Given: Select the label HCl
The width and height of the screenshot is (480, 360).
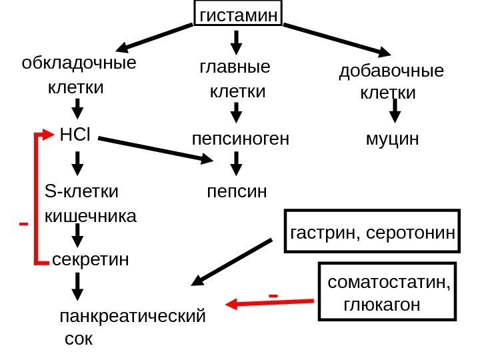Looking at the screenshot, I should pyautogui.click(x=75, y=135).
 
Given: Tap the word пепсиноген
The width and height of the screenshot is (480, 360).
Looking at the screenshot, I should pyautogui.click(x=240, y=140).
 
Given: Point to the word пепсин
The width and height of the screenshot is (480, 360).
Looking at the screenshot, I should pyautogui.click(x=237, y=192).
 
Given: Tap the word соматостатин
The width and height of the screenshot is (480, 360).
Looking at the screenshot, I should pyautogui.click(x=389, y=283).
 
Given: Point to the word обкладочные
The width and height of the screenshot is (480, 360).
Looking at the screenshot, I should pyautogui.click(x=79, y=64).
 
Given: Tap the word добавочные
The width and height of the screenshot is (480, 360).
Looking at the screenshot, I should pyautogui.click(x=391, y=71).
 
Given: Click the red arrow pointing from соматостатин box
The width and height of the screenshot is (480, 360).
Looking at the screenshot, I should pyautogui.click(x=270, y=303).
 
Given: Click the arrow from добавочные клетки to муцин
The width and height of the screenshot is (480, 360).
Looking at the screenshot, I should pyautogui.click(x=395, y=110).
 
